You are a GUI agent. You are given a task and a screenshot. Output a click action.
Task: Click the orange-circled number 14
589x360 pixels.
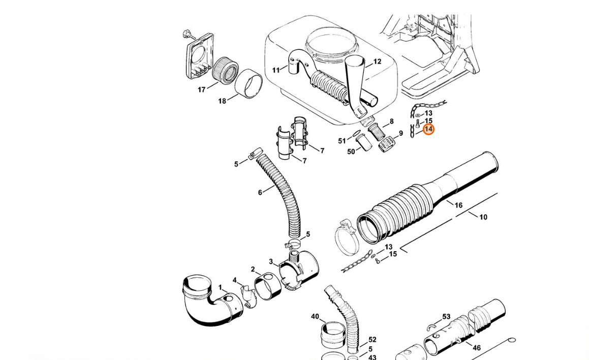click(x=428, y=130)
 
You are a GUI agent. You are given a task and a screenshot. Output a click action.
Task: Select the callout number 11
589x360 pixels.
click(x=276, y=70)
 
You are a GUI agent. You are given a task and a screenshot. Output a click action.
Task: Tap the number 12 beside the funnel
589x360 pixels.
click(x=377, y=62)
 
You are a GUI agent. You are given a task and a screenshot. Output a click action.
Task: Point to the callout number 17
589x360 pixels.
click(x=202, y=90)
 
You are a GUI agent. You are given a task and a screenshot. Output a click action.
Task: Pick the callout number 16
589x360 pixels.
click(x=458, y=205)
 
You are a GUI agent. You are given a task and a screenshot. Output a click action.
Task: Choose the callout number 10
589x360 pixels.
click(x=483, y=217)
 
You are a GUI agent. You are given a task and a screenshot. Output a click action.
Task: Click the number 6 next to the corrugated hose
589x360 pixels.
click(x=260, y=192)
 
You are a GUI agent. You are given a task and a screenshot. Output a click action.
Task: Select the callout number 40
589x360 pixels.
click(x=315, y=317)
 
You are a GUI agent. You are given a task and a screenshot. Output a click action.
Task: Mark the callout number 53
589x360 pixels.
click(x=446, y=317)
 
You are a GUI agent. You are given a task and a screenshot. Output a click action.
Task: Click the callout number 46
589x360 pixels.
click(x=476, y=348)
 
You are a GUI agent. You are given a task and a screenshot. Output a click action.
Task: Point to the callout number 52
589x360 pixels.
click(x=373, y=340)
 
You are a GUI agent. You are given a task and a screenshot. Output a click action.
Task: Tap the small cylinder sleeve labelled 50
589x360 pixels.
click(x=365, y=143)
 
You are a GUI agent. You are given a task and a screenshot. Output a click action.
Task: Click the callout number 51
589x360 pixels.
click(x=342, y=141)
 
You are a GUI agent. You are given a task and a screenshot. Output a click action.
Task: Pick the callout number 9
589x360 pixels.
click(x=401, y=134)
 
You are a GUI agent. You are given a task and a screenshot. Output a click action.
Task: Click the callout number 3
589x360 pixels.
click(x=271, y=262)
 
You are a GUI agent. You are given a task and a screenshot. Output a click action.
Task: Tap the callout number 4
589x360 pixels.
click(x=234, y=280)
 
